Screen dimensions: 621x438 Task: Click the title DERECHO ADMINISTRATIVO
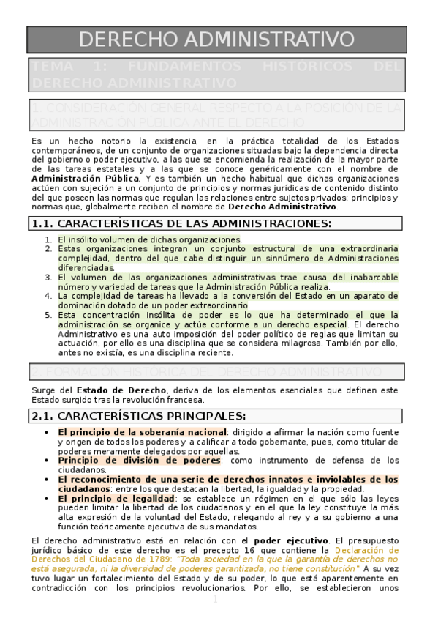(x=217, y=40)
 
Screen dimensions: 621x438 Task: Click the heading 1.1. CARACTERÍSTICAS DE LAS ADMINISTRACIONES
(x=180, y=223)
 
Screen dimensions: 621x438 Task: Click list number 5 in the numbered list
(x=48, y=314)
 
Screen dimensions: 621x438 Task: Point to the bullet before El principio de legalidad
(x=48, y=498)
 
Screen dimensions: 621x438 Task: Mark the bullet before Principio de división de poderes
(x=48, y=460)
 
